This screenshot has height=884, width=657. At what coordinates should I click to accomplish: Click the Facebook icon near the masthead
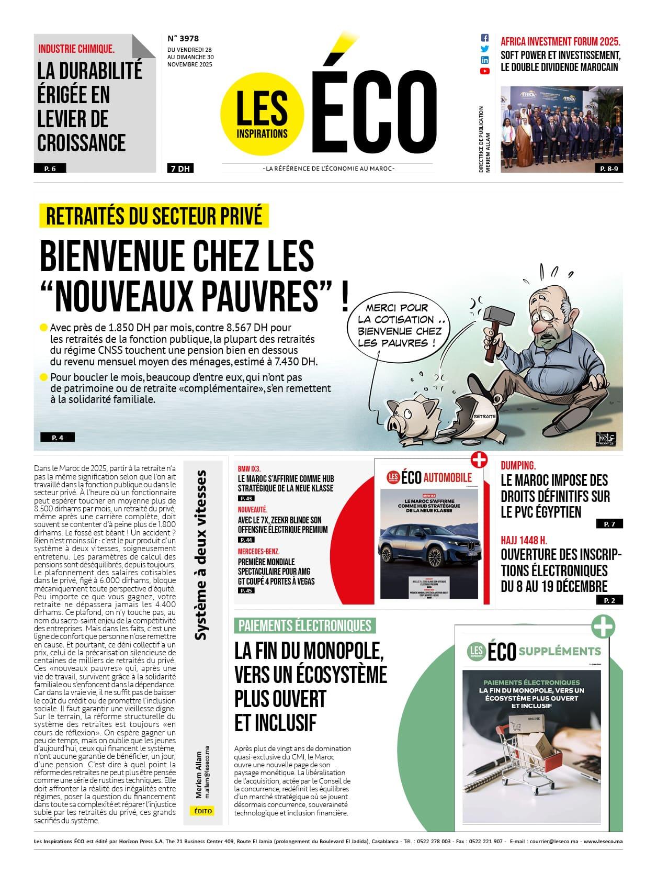coord(484,38)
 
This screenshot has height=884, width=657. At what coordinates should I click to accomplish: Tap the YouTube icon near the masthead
coord(484,71)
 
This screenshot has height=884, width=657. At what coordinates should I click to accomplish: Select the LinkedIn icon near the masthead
coord(484,60)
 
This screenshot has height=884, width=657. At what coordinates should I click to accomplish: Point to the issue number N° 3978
coord(183,38)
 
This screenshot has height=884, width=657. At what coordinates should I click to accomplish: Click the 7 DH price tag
coord(180,169)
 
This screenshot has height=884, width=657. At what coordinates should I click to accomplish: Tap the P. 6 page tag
coord(50,169)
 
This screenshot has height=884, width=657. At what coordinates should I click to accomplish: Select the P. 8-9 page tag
coord(609,169)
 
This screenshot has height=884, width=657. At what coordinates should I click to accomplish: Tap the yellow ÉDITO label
coord(203,811)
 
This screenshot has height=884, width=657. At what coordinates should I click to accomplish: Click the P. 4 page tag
coord(58,438)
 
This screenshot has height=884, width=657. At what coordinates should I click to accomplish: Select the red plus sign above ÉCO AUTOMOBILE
coord(479,459)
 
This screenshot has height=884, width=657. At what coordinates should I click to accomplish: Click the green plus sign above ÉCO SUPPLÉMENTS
coord(603,626)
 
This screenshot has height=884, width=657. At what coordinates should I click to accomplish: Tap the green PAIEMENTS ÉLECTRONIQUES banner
coord(305,625)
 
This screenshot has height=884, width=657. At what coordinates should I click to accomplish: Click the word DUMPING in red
coord(518,465)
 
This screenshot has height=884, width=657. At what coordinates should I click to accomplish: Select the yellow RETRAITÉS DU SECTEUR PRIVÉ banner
coord(154,216)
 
